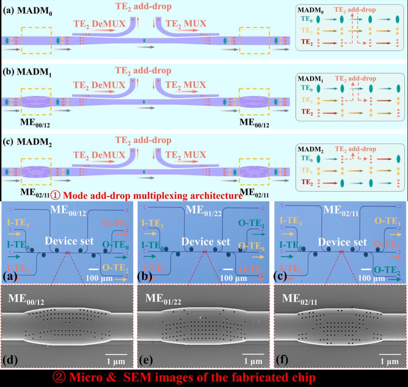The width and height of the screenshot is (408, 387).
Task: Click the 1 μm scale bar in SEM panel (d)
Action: point(116,354)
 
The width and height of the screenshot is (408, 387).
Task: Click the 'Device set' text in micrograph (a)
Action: point(69,241)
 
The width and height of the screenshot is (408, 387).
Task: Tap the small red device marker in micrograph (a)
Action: point(68,252)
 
